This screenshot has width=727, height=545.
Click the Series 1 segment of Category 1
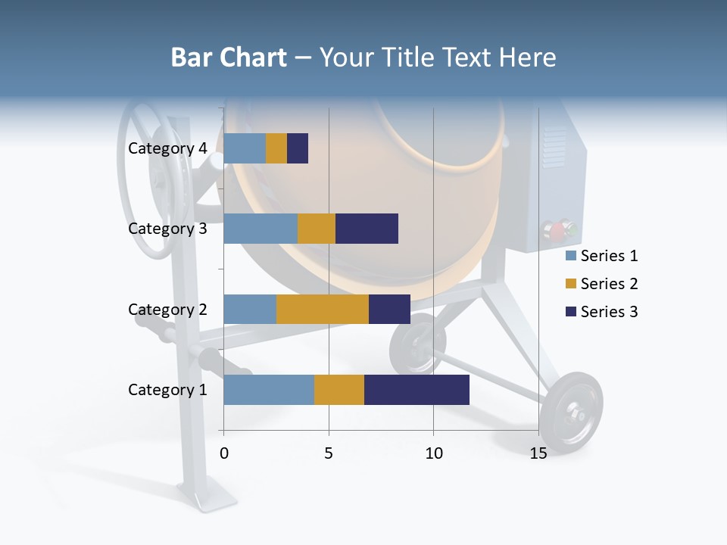[269, 390]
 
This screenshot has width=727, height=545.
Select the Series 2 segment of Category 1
[339, 390]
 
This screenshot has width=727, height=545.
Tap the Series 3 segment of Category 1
[417, 390]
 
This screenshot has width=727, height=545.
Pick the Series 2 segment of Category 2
[323, 309]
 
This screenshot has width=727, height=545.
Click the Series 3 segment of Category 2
[389, 309]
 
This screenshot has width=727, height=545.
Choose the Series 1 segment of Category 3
[261, 229]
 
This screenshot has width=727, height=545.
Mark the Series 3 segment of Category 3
[367, 229]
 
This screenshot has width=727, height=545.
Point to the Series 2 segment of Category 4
[276, 148]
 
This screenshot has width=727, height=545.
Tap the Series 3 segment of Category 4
[298, 148]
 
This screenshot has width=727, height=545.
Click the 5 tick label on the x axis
[329, 454]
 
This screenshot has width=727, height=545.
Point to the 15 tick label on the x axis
[538, 454]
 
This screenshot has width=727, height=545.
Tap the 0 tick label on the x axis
[224, 454]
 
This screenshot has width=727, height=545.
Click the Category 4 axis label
[167, 148]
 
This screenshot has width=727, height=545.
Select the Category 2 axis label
[167, 309]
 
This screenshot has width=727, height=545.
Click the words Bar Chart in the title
[228, 58]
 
